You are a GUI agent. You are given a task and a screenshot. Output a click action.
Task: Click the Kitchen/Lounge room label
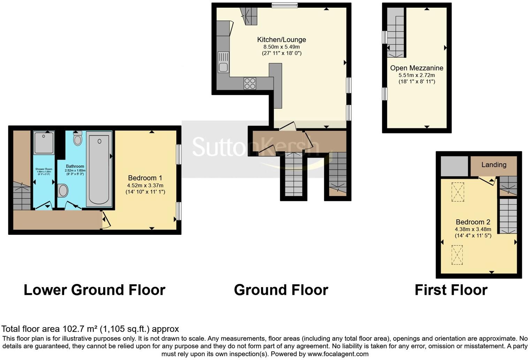[x=281, y=40]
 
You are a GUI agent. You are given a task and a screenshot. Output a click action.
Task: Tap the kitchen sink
[x=223, y=62]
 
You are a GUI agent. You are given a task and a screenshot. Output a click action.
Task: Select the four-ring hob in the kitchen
[x=250, y=84]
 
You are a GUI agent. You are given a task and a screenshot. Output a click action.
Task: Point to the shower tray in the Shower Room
[x=44, y=143]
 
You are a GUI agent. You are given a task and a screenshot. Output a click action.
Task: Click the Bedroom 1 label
[x=145, y=178]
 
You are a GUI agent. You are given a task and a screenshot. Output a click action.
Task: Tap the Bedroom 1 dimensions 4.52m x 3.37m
[x=145, y=185]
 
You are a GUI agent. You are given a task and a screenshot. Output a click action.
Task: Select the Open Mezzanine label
[x=417, y=68]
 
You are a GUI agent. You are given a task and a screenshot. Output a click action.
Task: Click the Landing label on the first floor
[x=494, y=165]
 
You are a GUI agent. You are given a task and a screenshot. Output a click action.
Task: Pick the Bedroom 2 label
[x=473, y=222]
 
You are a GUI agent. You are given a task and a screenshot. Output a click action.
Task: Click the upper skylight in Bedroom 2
[x=457, y=192]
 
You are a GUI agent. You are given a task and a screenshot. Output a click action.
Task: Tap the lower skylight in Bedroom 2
[x=457, y=255]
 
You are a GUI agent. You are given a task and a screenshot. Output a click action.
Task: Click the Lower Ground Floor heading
[x=94, y=290]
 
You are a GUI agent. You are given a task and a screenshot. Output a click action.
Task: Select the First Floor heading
[x=451, y=290]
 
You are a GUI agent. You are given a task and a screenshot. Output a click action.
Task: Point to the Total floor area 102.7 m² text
[x=90, y=329]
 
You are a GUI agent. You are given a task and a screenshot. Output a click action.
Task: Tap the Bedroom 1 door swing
[x=106, y=220]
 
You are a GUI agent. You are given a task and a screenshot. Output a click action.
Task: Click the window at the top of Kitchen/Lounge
[x=285, y=5]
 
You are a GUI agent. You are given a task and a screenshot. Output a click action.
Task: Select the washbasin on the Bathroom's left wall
[x=63, y=191]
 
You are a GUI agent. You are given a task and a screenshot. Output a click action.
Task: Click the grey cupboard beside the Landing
[x=454, y=166]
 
